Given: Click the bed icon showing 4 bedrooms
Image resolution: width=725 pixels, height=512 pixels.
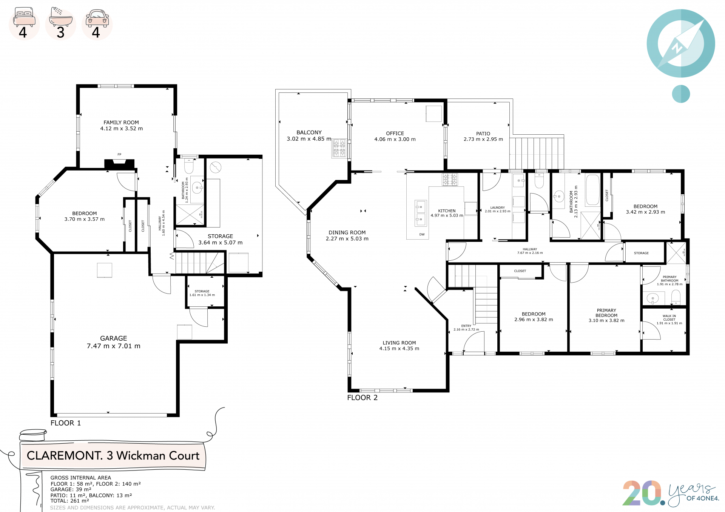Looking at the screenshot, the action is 24,17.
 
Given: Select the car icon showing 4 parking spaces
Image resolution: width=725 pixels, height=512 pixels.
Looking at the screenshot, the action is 97,18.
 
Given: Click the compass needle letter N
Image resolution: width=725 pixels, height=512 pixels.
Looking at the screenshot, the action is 677,48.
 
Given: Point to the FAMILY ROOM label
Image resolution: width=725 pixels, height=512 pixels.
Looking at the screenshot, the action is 121,123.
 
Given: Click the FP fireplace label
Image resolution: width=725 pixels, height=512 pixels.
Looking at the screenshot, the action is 119,154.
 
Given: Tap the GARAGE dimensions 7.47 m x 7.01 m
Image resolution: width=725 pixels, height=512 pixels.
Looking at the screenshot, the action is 114,346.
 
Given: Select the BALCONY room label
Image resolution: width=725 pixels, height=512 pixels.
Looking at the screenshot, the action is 309,132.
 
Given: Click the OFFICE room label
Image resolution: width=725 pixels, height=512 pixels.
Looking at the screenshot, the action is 395,134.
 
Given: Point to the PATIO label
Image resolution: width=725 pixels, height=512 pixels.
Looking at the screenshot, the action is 483,134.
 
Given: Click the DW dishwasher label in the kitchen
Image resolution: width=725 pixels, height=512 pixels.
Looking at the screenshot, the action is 422,234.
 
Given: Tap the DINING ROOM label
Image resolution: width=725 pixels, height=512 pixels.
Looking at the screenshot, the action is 347,233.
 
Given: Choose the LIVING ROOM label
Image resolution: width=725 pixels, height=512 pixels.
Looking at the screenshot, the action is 399,343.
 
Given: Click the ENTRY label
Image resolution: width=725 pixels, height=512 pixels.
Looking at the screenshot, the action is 466,326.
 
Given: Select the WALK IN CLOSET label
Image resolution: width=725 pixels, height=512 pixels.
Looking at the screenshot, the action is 669,318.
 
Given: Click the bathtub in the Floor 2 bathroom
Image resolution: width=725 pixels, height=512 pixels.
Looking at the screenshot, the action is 592,190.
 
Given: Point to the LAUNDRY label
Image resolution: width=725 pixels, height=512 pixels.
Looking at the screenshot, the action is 497,208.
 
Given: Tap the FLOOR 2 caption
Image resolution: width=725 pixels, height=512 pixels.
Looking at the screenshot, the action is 362,398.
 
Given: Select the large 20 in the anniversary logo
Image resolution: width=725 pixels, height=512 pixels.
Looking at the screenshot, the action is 642,493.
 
